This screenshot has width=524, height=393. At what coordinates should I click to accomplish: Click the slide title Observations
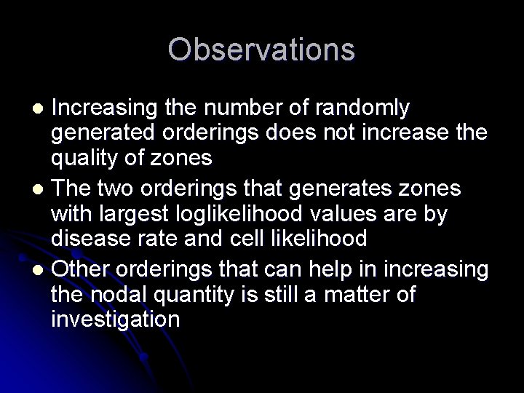(x=262, y=50)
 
